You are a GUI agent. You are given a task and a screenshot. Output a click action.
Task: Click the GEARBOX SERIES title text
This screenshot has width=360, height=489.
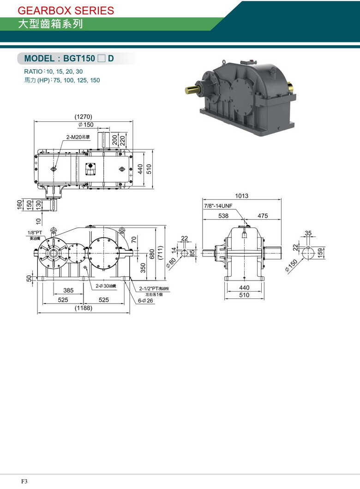[x=66, y=10]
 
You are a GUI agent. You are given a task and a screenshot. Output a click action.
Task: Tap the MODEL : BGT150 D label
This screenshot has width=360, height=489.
[x=69, y=59]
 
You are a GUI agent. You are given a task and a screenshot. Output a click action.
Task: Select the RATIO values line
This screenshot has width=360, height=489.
[x=54, y=72]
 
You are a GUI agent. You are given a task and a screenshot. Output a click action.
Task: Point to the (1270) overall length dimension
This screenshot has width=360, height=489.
[x=84, y=116]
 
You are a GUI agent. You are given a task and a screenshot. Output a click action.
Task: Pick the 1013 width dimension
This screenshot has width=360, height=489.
[x=241, y=196]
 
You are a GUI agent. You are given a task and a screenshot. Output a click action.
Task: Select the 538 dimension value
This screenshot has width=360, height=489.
[x=223, y=215]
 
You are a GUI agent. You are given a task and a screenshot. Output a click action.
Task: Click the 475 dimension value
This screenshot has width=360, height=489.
[x=263, y=215]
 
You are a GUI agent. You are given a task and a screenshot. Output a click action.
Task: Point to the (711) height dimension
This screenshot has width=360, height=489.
[x=160, y=253]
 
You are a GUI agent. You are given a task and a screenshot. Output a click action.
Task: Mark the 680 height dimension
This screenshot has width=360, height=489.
[x=152, y=254]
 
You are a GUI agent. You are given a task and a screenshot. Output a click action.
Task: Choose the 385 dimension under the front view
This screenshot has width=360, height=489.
[x=68, y=290]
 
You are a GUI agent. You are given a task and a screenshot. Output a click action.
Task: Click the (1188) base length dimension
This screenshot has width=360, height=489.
[x=84, y=308]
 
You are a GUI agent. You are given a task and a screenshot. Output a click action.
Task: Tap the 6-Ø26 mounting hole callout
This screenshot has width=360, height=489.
[x=147, y=300]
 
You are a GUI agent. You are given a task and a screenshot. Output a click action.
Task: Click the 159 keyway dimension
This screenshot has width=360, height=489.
[x=320, y=253]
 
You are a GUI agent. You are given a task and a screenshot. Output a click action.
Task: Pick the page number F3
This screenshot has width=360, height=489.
[x=24, y=481]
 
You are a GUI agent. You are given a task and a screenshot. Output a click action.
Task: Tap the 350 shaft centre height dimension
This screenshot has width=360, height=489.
[x=143, y=268]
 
